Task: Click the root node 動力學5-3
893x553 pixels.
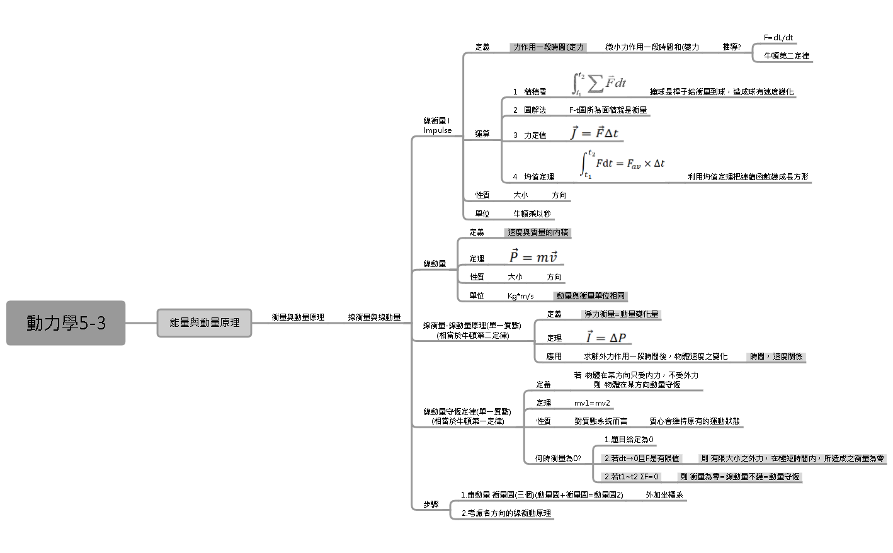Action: (66, 323)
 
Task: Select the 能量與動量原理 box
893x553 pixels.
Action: (204, 322)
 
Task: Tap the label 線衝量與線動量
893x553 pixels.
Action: (374, 317)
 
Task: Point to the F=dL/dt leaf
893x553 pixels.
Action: (778, 38)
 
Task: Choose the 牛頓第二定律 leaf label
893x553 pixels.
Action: (787, 55)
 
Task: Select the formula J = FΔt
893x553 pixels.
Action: (594, 133)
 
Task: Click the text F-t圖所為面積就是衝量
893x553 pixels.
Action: (608, 110)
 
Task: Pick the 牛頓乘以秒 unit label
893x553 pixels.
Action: (532, 214)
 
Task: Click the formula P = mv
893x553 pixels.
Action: (533, 256)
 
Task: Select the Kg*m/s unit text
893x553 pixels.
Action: (520, 296)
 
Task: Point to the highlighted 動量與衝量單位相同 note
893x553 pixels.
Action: (590, 295)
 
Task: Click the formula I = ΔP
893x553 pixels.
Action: (605, 338)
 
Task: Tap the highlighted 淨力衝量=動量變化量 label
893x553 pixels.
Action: (621, 314)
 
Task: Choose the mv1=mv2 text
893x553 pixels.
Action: (592, 403)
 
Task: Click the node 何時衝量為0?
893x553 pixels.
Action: (558, 459)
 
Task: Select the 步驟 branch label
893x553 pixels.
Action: (431, 505)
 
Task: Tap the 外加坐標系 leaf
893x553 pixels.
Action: (664, 495)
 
